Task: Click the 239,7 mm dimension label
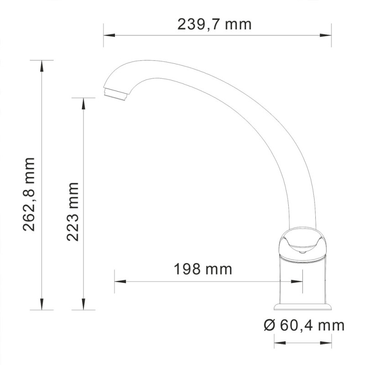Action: tap(214, 24)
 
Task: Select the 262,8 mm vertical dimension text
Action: tap(29, 194)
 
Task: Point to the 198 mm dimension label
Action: tap(203, 269)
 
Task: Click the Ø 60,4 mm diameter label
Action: tap(304, 325)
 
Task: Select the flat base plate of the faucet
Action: tap(302, 306)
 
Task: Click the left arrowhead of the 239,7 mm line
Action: tap(107, 35)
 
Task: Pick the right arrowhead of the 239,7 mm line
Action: tap(328, 35)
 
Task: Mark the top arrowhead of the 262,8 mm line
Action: tap(42, 64)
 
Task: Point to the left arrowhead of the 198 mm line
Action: tap(118, 282)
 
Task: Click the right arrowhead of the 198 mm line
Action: tap(299, 282)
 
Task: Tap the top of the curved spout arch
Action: tap(151, 62)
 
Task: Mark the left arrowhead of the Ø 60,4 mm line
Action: tap(277, 340)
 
